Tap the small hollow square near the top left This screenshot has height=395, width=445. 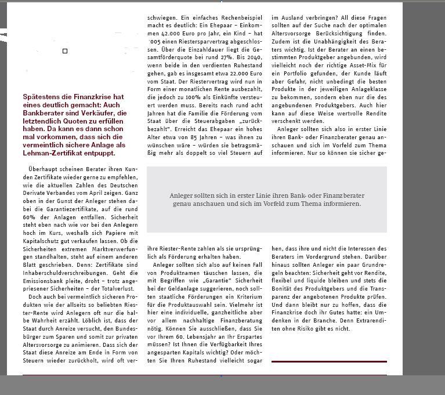[x=65, y=51]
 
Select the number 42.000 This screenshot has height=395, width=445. [x=171, y=34]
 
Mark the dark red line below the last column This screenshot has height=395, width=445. [x=329, y=361]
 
